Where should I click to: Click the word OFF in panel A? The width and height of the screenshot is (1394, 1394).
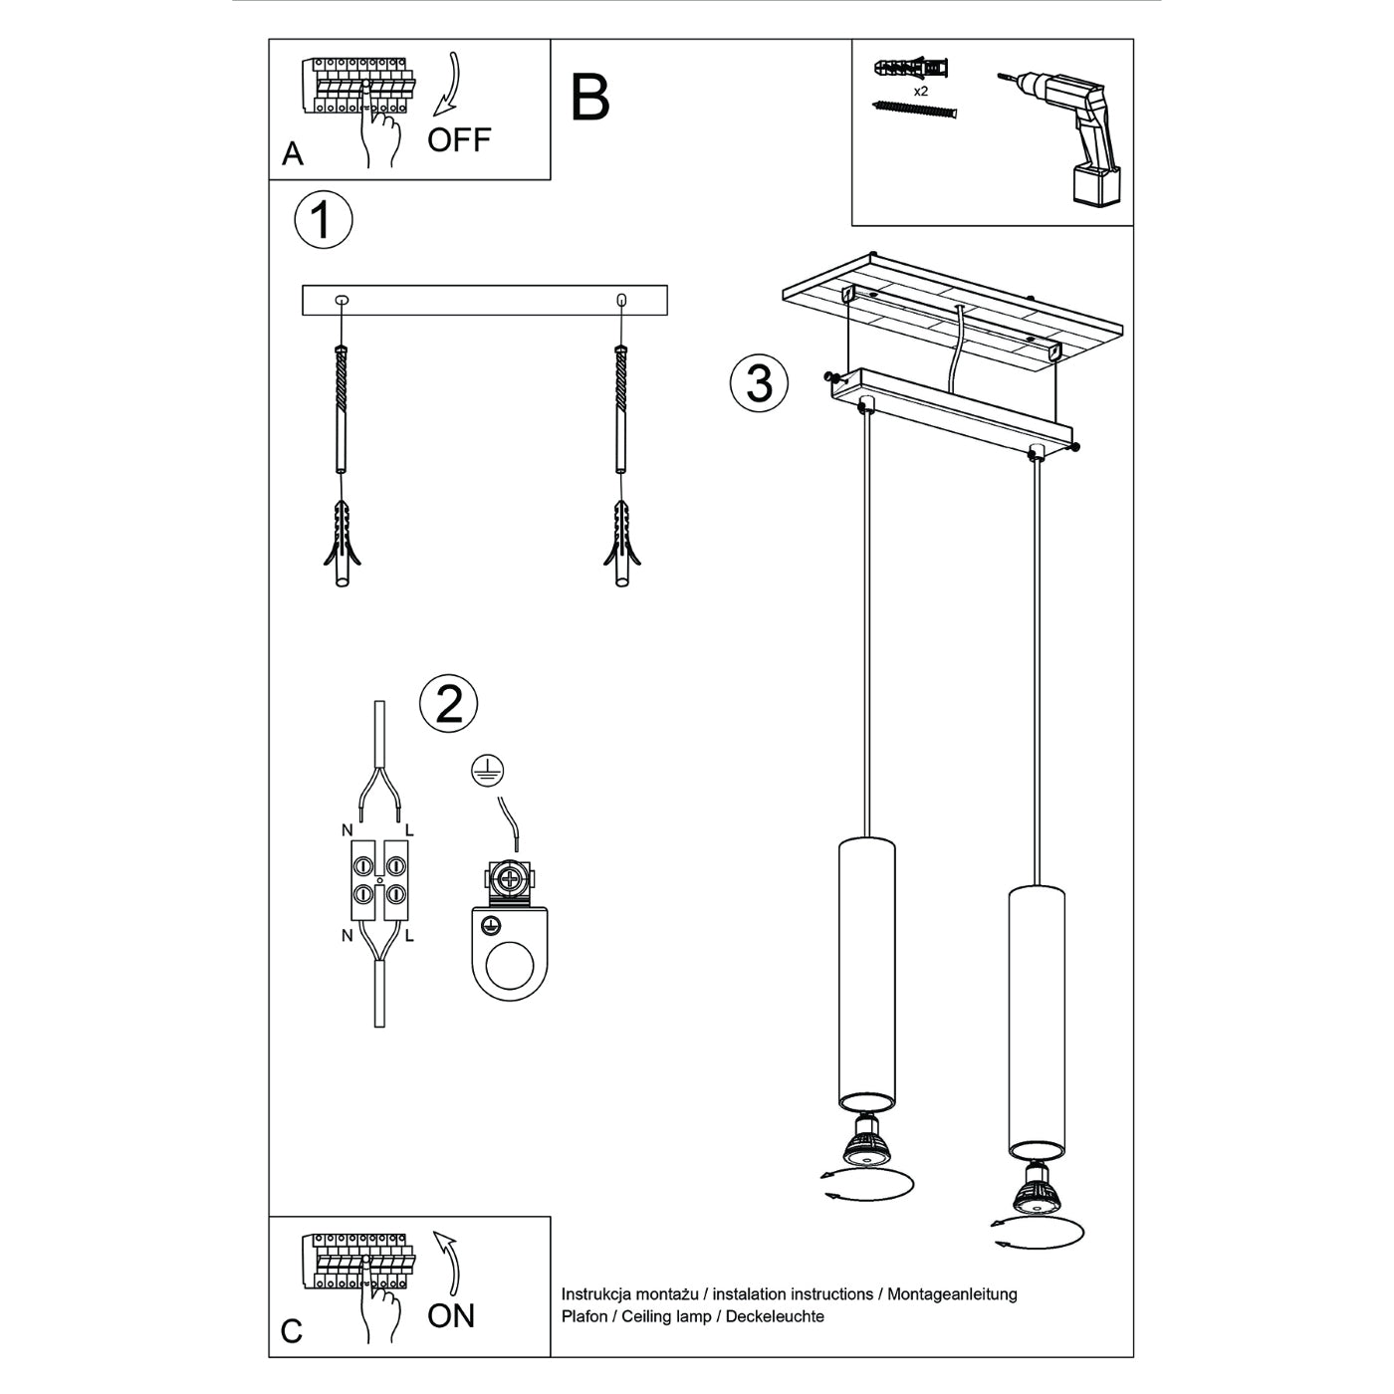459,140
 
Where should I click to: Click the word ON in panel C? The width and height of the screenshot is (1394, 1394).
451,1316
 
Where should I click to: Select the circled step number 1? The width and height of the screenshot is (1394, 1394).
324,220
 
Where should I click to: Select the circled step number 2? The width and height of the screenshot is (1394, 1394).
449,705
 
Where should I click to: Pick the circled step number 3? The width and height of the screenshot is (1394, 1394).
759,383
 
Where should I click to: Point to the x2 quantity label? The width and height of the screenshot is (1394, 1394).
921,91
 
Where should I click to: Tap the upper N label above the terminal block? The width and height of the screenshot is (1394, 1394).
347,830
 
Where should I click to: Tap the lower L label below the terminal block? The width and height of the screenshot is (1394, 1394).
409,936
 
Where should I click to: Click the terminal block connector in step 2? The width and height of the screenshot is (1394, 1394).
379,879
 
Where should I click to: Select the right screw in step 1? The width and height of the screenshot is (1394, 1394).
621,408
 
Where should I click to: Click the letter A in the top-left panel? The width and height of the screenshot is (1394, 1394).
293,154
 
